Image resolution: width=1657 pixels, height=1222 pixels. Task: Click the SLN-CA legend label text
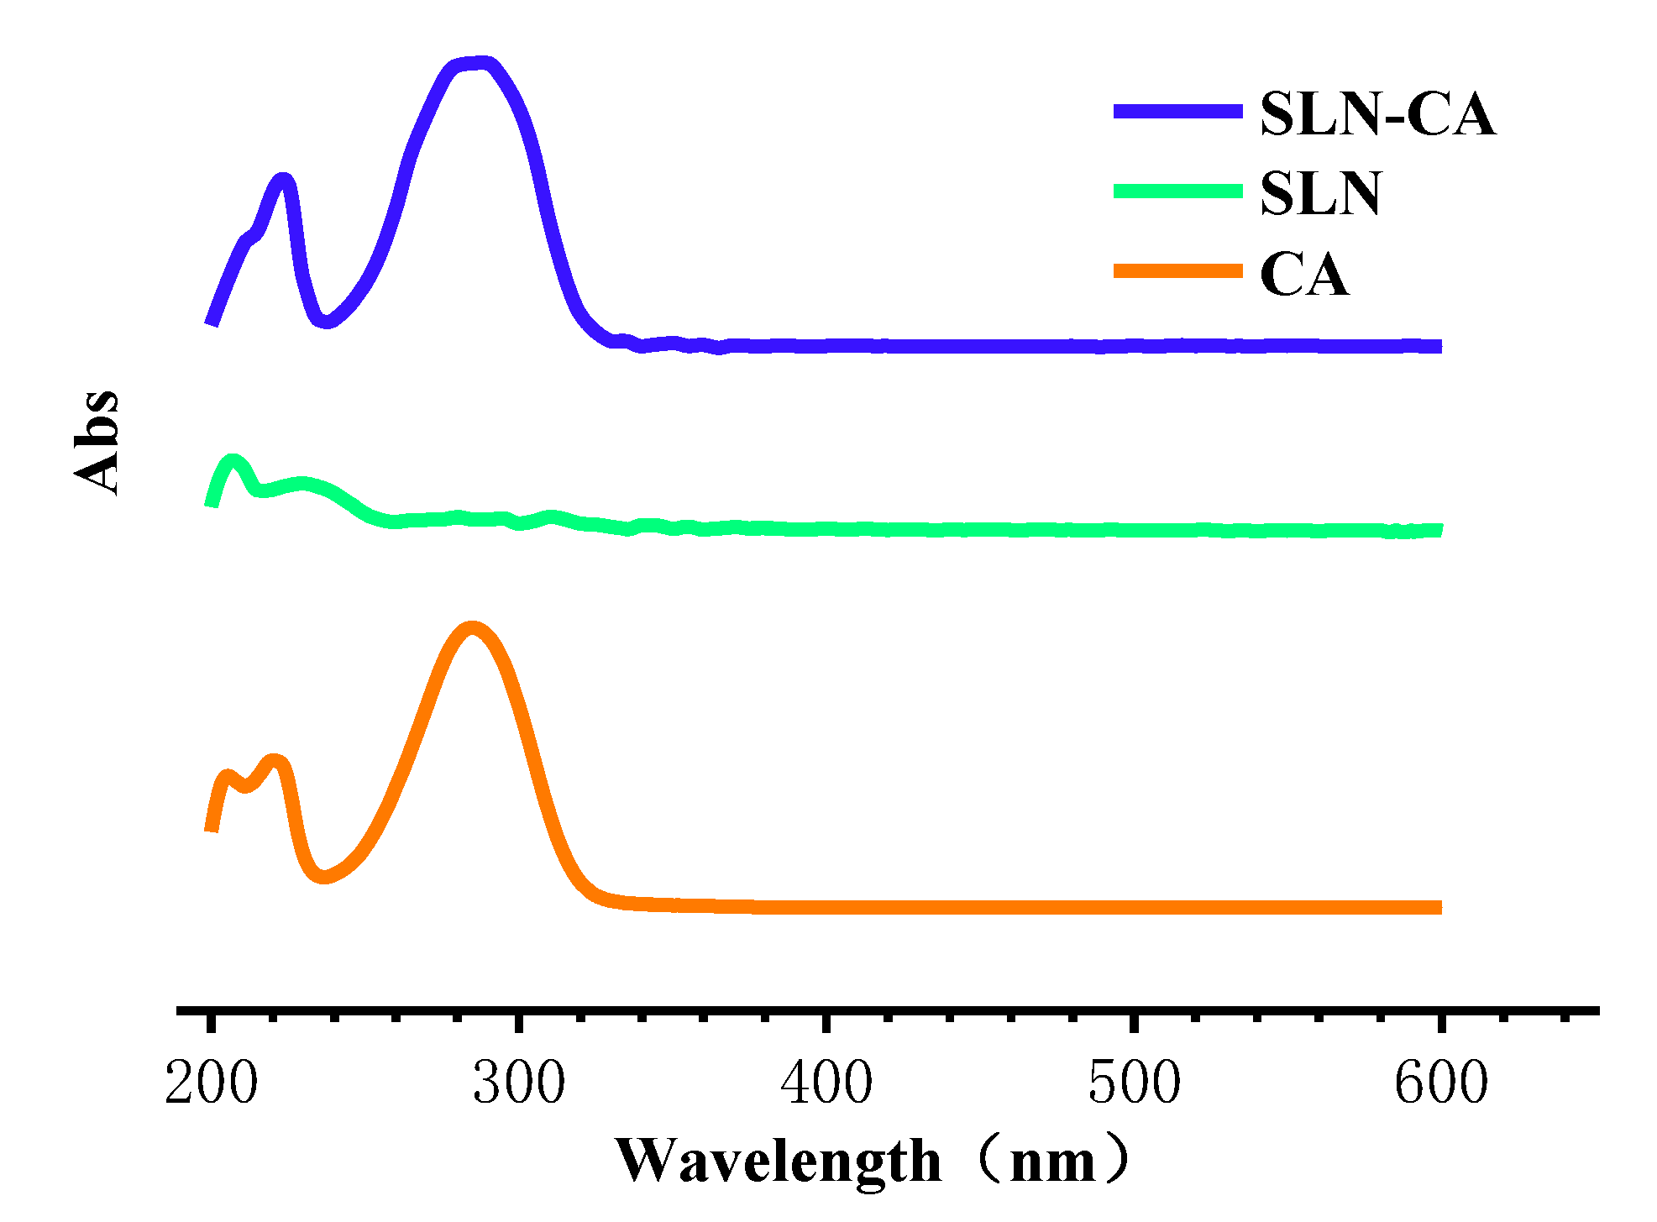point(1377,114)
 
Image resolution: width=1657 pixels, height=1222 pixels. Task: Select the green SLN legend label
point(1320,194)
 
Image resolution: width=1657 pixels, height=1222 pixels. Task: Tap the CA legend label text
point(1304,275)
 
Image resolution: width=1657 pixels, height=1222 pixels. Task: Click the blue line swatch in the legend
point(1177,111)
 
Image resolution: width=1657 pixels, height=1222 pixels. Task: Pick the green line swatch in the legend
point(1177,191)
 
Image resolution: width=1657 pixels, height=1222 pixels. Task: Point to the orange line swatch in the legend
point(1177,270)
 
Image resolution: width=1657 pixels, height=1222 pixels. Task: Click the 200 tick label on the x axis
point(212,1083)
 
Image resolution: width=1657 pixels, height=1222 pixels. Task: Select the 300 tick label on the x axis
point(519,1083)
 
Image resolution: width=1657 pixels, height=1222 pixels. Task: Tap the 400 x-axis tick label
point(826,1083)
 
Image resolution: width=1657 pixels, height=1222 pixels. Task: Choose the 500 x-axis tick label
point(1134,1083)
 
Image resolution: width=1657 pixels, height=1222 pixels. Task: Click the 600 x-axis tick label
point(1441,1083)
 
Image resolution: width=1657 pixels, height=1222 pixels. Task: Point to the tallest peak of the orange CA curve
point(473,628)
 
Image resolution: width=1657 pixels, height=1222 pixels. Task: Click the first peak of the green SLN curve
point(233,460)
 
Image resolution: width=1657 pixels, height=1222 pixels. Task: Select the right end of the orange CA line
point(1438,907)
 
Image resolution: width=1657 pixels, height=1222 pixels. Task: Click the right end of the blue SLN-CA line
point(1438,346)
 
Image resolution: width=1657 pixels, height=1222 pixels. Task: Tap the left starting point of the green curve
point(212,505)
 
